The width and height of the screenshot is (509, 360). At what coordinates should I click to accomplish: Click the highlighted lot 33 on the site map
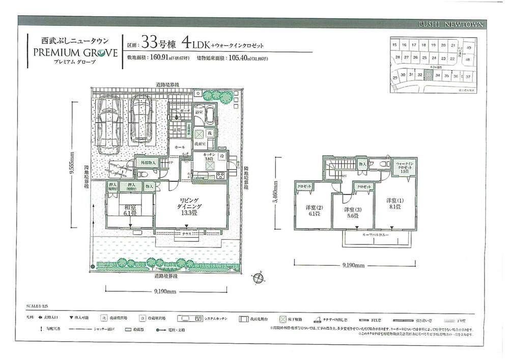coord(429,75)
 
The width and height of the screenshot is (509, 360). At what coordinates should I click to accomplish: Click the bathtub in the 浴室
coord(209,118)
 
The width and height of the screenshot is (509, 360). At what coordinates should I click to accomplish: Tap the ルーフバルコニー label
coord(378,236)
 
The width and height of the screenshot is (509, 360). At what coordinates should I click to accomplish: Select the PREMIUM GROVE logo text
coord(75,51)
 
